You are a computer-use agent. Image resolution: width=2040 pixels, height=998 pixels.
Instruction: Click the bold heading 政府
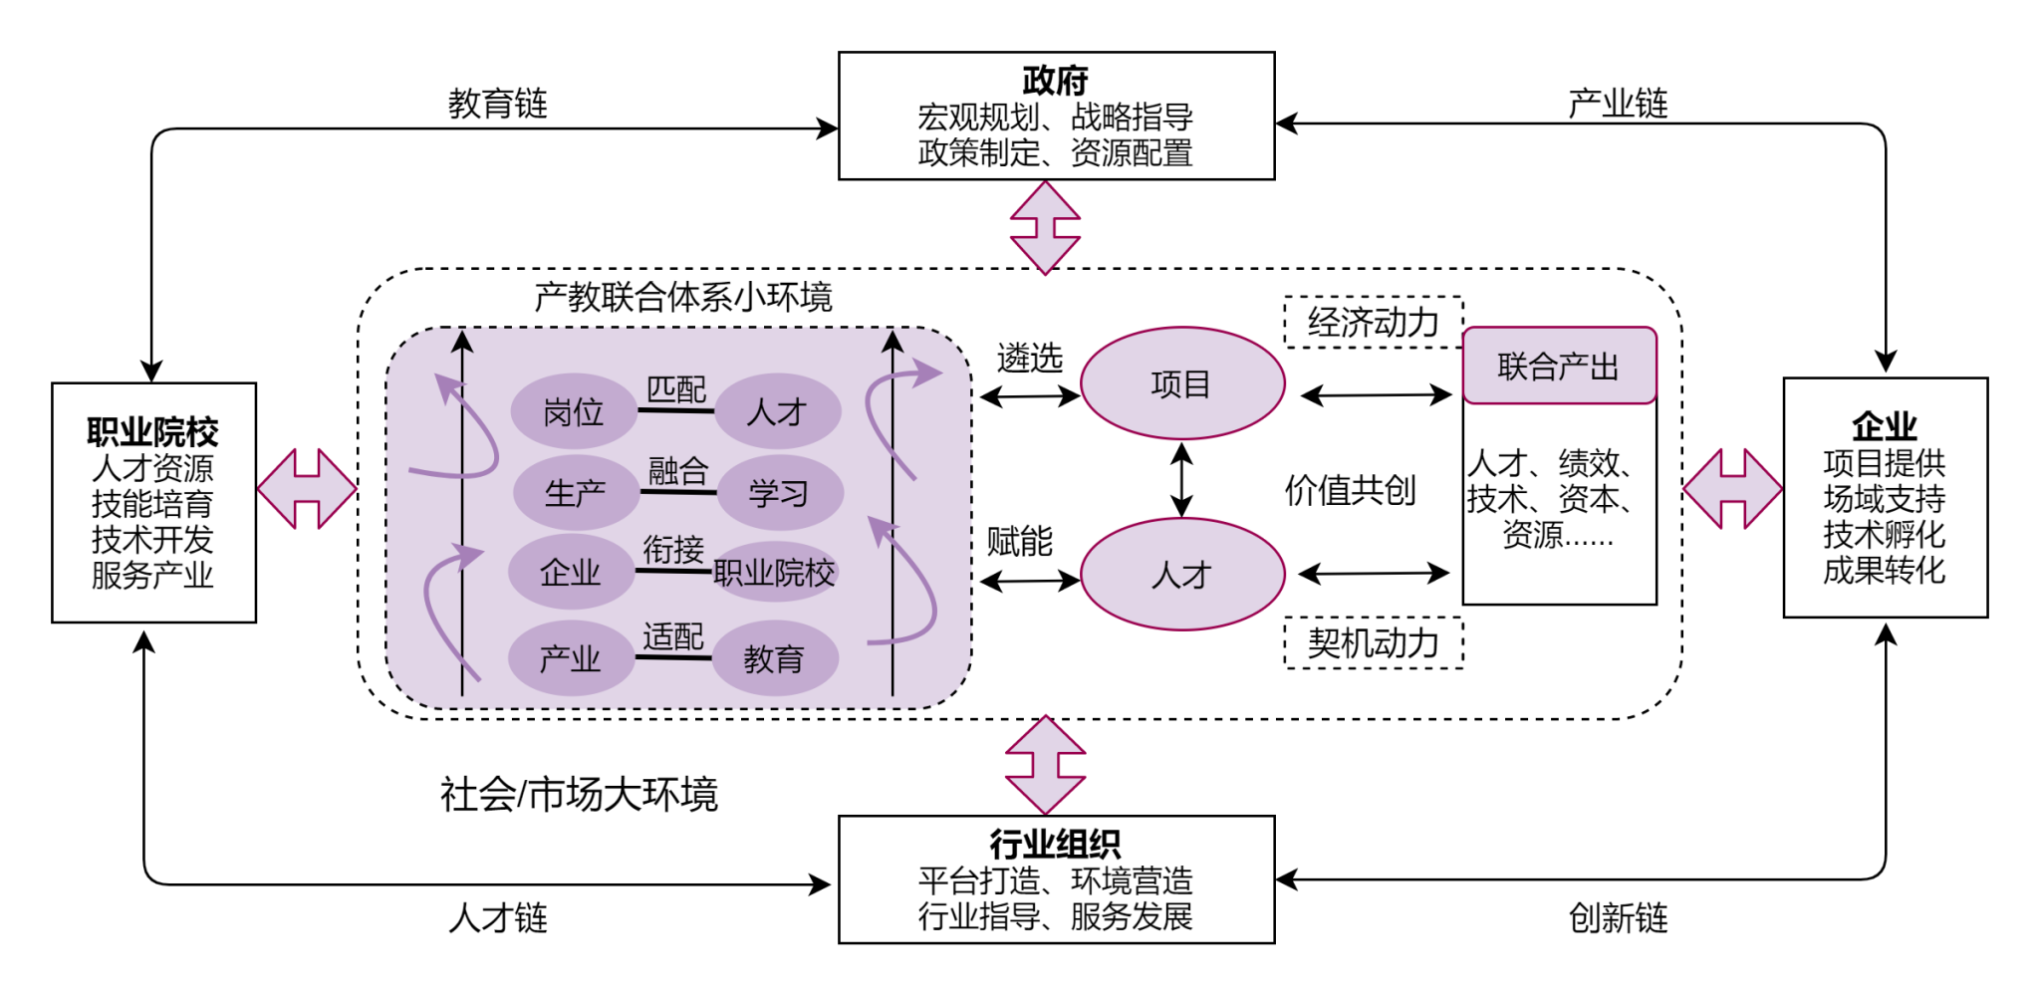[1055, 80]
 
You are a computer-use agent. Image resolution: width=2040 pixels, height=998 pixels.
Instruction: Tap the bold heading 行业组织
[1055, 845]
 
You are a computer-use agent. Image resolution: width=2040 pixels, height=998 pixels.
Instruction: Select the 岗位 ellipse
[574, 411]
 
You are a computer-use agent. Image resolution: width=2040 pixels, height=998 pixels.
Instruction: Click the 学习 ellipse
[779, 493]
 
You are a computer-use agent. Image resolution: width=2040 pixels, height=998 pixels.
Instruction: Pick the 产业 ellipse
[571, 658]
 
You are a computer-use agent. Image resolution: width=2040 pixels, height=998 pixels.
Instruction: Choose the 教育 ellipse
[774, 658]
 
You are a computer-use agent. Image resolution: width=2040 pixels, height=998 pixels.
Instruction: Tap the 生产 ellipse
[576, 493]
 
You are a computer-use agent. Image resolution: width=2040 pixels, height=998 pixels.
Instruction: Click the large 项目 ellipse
[1182, 383]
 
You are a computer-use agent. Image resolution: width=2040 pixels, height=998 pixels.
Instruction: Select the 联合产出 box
[1559, 367]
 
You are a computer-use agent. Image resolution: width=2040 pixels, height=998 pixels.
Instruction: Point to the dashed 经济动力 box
[1374, 322]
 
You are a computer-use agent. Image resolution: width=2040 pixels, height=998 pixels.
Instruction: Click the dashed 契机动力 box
[1374, 643]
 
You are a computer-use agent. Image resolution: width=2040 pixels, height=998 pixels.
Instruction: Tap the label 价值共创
[1351, 490]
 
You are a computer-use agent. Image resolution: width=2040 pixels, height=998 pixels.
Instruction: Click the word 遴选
[1030, 358]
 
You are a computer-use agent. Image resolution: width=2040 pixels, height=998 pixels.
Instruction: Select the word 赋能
[1020, 542]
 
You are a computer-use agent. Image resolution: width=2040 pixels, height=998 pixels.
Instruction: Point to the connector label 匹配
[676, 389]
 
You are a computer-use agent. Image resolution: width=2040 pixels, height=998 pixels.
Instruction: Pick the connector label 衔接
[673, 549]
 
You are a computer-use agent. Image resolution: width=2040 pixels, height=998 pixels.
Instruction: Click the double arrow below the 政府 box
[1045, 227]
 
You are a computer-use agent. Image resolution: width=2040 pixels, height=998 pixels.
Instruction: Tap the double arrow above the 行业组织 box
[1045, 765]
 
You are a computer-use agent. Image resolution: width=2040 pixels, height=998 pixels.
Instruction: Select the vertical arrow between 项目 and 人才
[1182, 479]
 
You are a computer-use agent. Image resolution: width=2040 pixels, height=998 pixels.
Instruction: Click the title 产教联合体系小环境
[683, 297]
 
